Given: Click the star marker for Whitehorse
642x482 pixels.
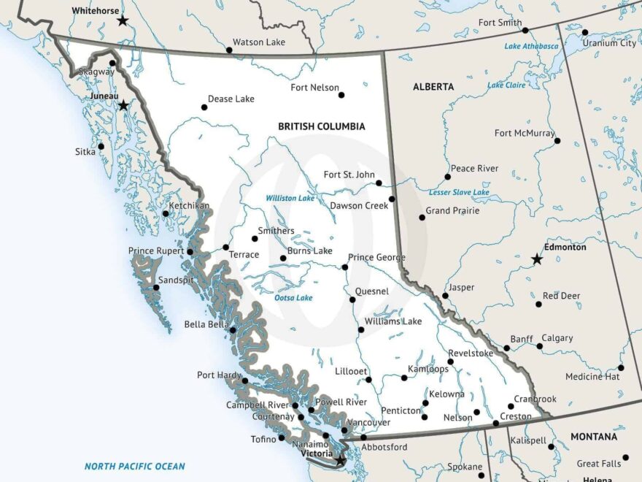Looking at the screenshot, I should point(123,21).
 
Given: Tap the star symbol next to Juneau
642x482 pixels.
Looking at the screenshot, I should point(123,105).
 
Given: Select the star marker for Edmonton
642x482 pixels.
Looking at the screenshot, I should point(537,259).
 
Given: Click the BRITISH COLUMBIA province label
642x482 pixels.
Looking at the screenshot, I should point(321,126).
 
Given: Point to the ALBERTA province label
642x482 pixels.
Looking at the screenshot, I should point(433,86).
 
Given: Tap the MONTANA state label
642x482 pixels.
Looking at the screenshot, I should point(593,437).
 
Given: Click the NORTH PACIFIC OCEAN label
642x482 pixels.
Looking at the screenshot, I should point(135,466).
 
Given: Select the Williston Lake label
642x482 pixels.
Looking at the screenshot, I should point(290,198).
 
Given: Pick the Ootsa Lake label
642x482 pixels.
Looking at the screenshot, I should point(293,298).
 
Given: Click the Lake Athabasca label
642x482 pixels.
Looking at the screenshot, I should point(531,46).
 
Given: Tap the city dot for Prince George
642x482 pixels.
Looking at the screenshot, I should point(345,267).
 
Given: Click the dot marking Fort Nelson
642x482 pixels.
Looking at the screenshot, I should point(341,95).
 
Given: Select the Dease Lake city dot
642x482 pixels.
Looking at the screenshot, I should point(204,107).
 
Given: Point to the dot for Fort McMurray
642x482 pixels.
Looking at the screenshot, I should point(557,141).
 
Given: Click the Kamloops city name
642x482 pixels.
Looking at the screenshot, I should point(428,369).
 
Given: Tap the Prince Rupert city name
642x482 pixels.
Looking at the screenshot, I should point(156,251).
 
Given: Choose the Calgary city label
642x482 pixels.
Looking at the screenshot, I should point(557,338).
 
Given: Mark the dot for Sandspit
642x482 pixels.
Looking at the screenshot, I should point(156,288).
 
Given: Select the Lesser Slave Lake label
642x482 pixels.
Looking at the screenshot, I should point(459,192).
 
